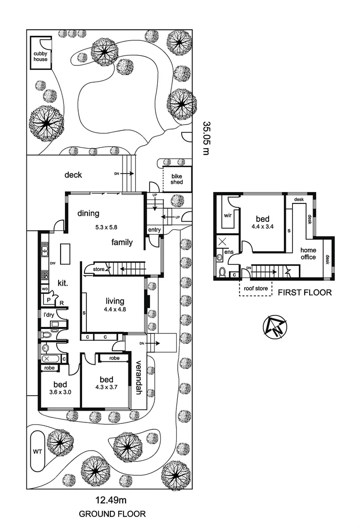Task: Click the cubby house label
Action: pos(41,56)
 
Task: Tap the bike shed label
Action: pos(176,179)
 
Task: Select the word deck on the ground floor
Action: pos(73,175)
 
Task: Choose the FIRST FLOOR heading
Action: pos(304,293)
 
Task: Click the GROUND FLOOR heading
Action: pos(112,514)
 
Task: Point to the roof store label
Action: pos(255,288)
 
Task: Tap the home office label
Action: pos(308,253)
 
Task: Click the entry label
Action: pos(154,230)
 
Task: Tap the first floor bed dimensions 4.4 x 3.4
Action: pos(262,226)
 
